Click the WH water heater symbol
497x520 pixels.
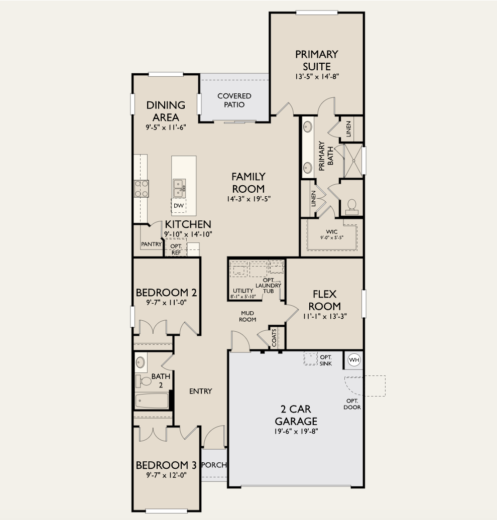(354, 360)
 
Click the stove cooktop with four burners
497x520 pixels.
(141, 188)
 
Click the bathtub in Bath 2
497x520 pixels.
(152, 401)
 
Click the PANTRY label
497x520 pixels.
(151, 244)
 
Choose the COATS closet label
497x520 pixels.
(274, 338)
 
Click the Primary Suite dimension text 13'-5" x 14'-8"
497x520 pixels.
(316, 77)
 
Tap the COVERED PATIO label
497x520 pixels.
(234, 100)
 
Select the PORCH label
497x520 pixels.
(214, 465)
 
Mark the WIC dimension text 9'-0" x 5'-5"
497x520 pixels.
(332, 238)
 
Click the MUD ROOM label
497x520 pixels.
(247, 316)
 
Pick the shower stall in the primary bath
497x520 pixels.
(353, 161)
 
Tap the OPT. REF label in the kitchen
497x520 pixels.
(176, 249)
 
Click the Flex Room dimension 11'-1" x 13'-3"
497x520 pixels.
(325, 316)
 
